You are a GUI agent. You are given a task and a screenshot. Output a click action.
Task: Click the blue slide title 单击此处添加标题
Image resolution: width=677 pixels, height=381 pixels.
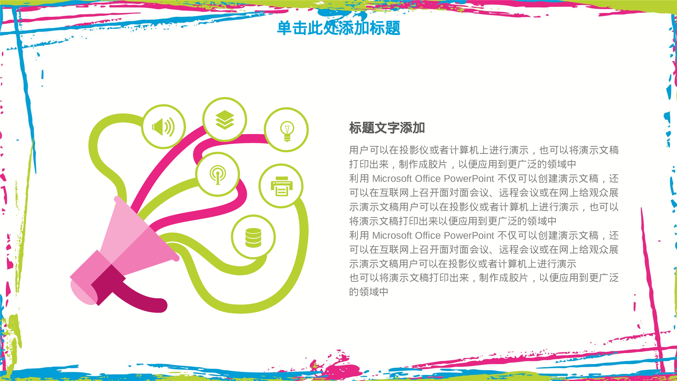click(x=338, y=28)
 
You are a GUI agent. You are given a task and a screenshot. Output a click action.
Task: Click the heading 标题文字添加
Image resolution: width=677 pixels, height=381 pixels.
click(x=387, y=128)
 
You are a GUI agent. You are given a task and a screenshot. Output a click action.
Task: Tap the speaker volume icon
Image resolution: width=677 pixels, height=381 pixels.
click(x=163, y=127)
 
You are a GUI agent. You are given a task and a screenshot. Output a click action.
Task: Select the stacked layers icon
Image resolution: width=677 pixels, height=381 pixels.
click(x=225, y=120)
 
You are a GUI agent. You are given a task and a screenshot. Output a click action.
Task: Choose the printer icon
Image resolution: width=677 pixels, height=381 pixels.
click(x=281, y=186)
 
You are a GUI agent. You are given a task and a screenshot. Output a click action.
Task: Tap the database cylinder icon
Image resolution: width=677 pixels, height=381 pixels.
click(x=253, y=237)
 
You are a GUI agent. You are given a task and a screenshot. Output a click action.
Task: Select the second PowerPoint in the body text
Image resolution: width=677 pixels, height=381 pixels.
click(x=469, y=235)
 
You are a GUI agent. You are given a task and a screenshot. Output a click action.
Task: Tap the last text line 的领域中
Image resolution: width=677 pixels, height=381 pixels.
click(x=369, y=292)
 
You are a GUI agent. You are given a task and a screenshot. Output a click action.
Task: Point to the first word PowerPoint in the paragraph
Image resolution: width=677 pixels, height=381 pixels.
click(x=469, y=178)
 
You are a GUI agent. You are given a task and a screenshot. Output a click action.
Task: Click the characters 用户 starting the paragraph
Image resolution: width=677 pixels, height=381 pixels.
click(x=359, y=150)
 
